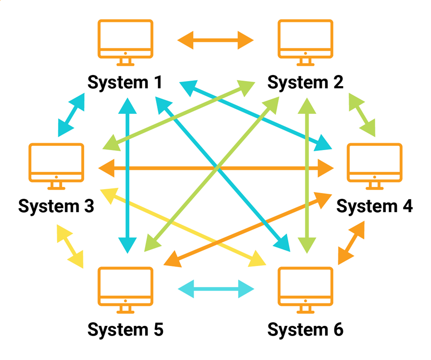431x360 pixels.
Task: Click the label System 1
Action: [x=125, y=83]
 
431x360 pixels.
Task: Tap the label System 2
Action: [x=305, y=83]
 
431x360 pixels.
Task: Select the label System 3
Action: [x=56, y=206]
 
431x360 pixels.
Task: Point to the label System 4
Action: [x=374, y=206]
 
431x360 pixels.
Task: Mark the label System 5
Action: [x=125, y=330]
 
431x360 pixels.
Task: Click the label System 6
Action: [x=305, y=330]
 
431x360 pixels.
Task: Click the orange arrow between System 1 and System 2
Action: [x=215, y=40]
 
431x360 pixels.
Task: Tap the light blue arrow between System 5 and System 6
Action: [x=215, y=290]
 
